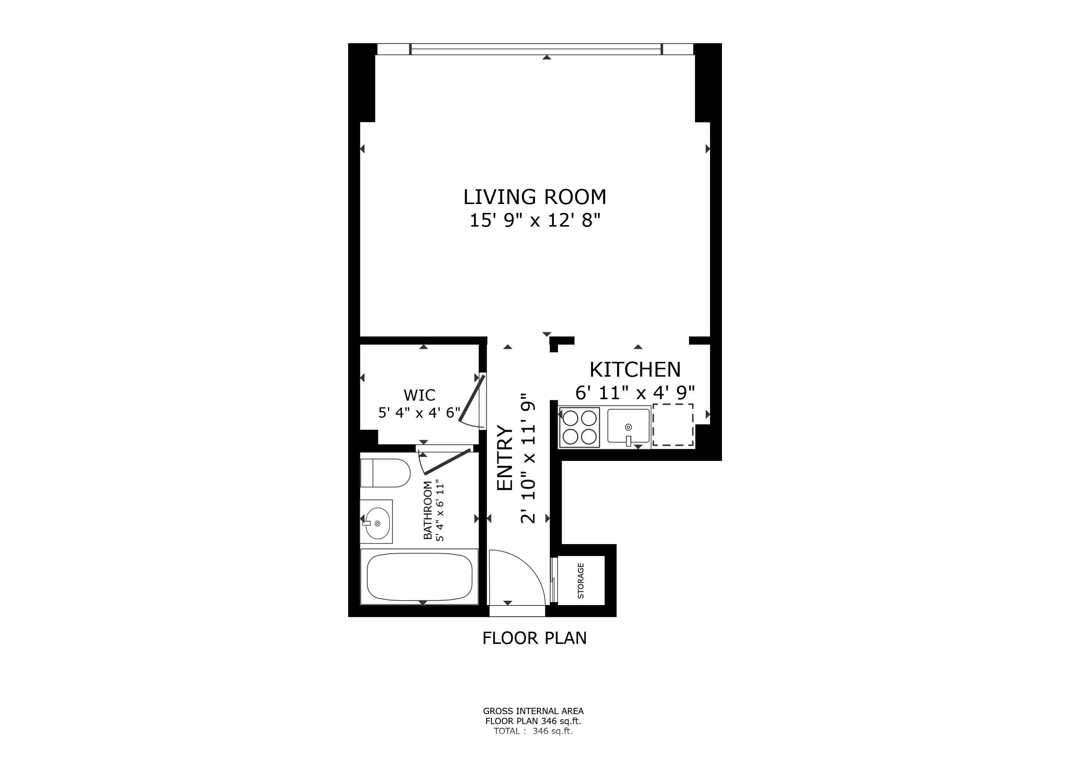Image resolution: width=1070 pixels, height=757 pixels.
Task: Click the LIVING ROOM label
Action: tap(535, 197)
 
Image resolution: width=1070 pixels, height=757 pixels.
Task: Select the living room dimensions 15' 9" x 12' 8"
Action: tap(535, 220)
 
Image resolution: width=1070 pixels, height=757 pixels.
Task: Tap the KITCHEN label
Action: tap(635, 370)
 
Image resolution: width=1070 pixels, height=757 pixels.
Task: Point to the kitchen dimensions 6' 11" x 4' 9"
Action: tap(635, 393)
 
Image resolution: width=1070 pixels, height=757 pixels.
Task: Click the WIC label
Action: tap(419, 395)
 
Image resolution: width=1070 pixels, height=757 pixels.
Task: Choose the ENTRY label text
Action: tap(505, 458)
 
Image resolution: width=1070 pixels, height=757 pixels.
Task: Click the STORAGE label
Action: tap(581, 581)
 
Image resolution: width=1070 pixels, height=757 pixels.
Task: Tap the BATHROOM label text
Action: tap(427, 511)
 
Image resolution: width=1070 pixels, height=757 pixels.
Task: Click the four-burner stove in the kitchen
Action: tap(579, 427)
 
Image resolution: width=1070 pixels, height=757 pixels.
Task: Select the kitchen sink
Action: tap(628, 427)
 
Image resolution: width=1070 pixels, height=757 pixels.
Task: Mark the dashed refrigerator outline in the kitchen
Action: tap(672, 425)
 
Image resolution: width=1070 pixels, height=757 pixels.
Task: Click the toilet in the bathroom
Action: tap(385, 473)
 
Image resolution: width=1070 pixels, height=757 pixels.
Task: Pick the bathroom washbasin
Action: tap(376, 522)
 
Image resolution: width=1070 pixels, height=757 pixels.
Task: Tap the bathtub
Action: tap(419, 577)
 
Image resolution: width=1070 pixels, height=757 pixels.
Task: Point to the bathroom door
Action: tap(446, 461)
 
